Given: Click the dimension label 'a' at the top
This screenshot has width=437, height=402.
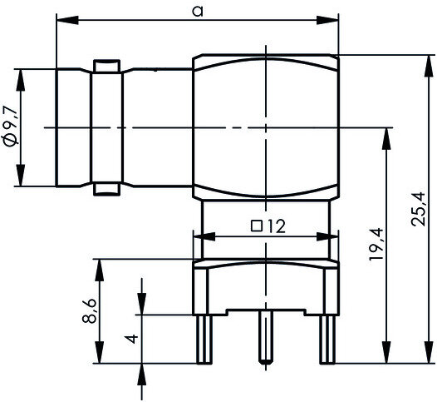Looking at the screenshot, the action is click(x=198, y=11).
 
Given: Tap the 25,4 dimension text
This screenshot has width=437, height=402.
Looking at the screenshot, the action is click(x=419, y=209).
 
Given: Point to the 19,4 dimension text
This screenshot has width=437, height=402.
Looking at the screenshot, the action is click(x=376, y=245).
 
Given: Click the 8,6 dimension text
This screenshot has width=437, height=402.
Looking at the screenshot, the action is click(x=89, y=311).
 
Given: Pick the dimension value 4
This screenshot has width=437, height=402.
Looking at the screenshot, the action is click(x=131, y=339).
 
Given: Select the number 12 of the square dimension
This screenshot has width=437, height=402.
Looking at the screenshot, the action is click(x=277, y=226).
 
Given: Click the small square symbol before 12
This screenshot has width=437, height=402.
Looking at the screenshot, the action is click(x=257, y=226).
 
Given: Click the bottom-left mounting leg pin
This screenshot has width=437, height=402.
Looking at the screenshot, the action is click(x=204, y=340).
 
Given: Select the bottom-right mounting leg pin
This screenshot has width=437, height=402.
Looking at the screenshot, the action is click(x=327, y=340).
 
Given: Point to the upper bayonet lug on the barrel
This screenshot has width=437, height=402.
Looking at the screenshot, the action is click(x=106, y=66).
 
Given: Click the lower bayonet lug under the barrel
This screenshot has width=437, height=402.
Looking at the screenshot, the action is click(x=106, y=189).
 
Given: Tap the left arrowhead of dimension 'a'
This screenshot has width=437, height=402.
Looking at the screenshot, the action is click(x=67, y=20).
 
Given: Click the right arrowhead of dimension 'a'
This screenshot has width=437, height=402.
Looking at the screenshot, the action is click(x=327, y=20).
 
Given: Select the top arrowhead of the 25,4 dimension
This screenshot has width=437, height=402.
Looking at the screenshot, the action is click(x=429, y=66).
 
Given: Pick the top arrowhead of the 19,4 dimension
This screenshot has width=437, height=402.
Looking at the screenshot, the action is click(x=386, y=139).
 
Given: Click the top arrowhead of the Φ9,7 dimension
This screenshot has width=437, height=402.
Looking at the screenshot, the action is click(x=20, y=80).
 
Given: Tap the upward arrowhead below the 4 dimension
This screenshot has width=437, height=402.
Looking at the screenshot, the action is click(x=142, y=375).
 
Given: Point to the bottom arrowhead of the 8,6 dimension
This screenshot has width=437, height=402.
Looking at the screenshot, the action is click(x=100, y=352).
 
